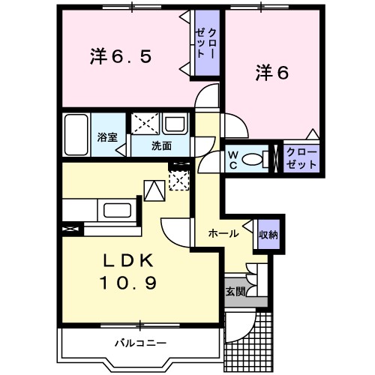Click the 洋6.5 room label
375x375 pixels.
121,57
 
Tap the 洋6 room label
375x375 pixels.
272,72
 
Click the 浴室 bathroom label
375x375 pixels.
106,138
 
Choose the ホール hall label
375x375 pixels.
223,233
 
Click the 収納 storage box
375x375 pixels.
268,235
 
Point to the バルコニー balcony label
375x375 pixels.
140,343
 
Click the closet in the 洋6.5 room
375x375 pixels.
206,43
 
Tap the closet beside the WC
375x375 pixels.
301,158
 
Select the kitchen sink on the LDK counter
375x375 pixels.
115,210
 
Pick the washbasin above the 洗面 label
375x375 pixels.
175,124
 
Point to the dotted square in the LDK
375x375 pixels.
178,181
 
